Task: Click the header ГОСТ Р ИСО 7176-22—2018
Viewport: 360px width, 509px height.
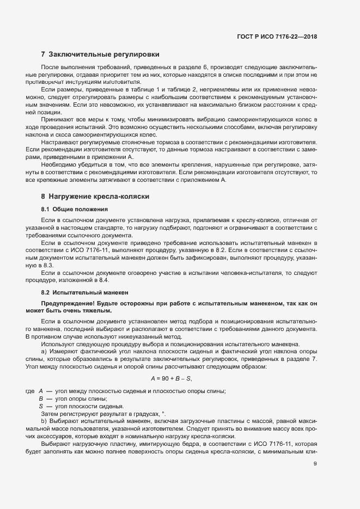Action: (277, 37)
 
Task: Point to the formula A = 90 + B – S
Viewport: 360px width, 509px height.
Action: (171, 378)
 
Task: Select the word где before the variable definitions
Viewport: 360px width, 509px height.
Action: (30, 391)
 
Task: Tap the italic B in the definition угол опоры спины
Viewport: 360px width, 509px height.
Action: (41, 399)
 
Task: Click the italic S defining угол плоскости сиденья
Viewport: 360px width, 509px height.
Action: (41, 406)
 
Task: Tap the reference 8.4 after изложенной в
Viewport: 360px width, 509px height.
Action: (103, 280)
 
